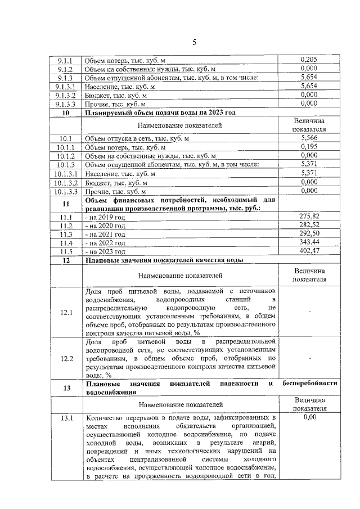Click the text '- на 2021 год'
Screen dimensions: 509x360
coord(105,234)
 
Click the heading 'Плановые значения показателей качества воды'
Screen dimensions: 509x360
coord(164,260)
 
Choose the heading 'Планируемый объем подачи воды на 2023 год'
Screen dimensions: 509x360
coord(160,112)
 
